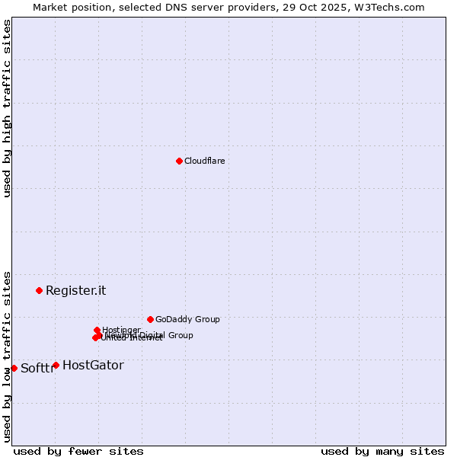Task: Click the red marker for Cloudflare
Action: point(179,161)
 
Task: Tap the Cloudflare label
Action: point(204,161)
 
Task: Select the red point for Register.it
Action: point(39,290)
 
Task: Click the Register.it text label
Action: point(75,290)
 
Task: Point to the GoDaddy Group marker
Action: point(150,319)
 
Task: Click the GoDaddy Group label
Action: point(187,319)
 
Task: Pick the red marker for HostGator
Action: point(56,365)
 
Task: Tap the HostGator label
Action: point(93,366)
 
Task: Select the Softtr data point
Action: point(14,368)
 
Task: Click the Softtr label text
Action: point(37,369)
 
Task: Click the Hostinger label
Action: point(121,330)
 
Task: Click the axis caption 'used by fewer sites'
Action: point(78,451)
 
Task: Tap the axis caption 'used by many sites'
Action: point(382,451)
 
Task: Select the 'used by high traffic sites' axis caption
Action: point(7,108)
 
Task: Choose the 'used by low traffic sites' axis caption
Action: point(7,356)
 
